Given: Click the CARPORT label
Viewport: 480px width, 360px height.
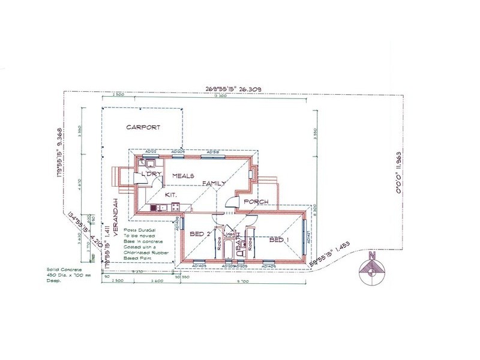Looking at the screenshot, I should (142, 128).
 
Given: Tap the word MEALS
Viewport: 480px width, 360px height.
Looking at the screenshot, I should (184, 176).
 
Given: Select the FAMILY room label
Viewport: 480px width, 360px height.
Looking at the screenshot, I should (214, 183).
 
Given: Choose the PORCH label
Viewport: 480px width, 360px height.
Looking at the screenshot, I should (256, 202).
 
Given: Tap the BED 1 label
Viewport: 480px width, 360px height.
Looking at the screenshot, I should (280, 240).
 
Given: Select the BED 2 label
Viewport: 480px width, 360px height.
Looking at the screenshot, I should (199, 233).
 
